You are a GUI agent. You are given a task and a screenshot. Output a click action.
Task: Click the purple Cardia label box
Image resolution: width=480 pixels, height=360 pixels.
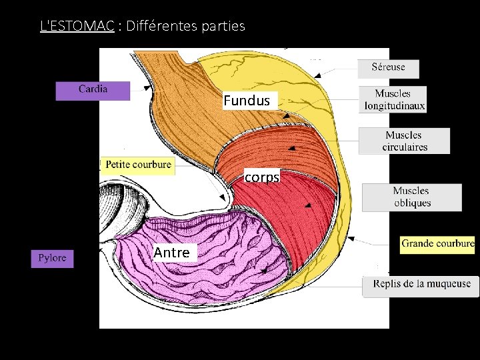(93, 91)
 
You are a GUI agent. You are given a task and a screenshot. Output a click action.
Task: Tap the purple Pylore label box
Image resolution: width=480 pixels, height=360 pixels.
(52, 259)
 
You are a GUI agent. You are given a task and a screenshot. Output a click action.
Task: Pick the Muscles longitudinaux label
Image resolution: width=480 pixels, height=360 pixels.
(393, 99)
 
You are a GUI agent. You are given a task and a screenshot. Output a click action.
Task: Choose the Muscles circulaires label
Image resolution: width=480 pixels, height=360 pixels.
(405, 141)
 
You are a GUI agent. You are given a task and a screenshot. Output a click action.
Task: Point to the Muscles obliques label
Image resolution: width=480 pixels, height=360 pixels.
(411, 197)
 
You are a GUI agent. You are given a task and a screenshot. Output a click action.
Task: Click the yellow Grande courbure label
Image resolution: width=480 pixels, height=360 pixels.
(437, 244)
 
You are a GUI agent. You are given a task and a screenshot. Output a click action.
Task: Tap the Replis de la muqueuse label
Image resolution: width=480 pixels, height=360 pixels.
(421, 285)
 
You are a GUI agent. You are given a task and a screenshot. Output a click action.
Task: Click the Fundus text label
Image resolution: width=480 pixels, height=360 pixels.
(247, 101)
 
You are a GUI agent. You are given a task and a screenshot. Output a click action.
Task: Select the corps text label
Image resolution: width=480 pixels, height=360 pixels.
(262, 178)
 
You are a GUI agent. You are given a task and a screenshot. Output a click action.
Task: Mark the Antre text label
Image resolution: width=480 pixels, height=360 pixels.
(171, 253)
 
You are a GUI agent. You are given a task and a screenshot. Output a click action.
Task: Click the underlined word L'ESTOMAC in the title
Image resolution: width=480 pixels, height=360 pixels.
(77, 27)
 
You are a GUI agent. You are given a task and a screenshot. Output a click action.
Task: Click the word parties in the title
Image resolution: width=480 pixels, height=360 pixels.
(221, 27)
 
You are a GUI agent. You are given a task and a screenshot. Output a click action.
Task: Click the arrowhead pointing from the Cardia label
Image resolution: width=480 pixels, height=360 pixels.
(146, 87)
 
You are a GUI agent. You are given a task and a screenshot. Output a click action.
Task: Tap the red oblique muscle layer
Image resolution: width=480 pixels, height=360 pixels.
(293, 207)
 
